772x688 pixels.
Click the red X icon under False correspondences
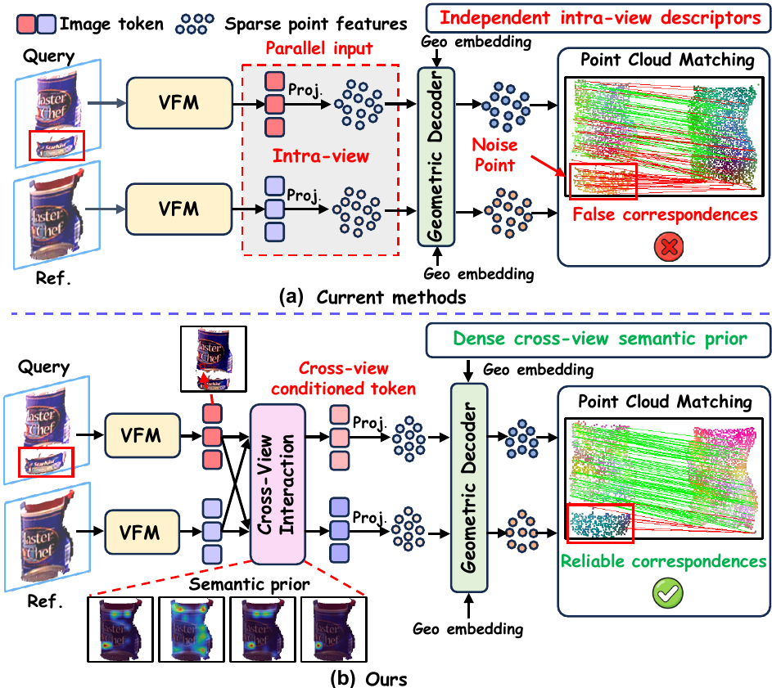(x=669, y=246)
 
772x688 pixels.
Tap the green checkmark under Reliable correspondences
(x=668, y=592)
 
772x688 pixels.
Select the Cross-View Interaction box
(x=278, y=484)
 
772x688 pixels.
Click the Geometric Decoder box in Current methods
(x=436, y=156)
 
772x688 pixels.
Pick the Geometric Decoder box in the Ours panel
(x=469, y=488)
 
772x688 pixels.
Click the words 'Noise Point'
(x=494, y=155)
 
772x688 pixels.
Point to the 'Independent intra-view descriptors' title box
(x=598, y=18)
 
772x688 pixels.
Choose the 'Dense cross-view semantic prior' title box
(x=598, y=340)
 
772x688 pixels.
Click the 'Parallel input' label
(x=319, y=49)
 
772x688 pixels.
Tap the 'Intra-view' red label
(x=321, y=156)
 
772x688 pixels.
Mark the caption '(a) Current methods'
(x=372, y=297)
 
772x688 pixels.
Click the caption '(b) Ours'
(x=368, y=679)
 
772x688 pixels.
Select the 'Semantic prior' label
(x=249, y=584)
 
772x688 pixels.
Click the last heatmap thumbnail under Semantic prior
(x=334, y=629)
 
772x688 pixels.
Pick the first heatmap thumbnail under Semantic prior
(x=120, y=629)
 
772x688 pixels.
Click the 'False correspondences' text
(x=665, y=214)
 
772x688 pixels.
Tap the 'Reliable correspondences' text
(x=663, y=561)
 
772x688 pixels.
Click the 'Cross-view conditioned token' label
(x=344, y=379)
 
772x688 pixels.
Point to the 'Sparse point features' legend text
(x=315, y=24)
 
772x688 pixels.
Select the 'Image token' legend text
(x=111, y=24)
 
